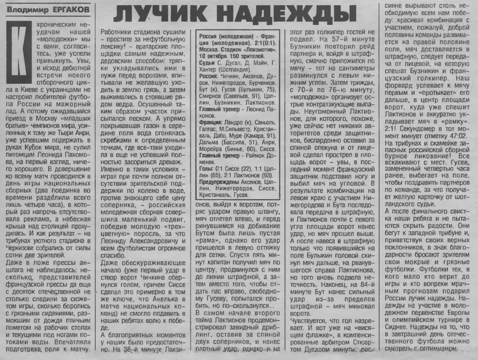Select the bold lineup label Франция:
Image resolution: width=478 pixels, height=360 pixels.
[211, 121]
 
